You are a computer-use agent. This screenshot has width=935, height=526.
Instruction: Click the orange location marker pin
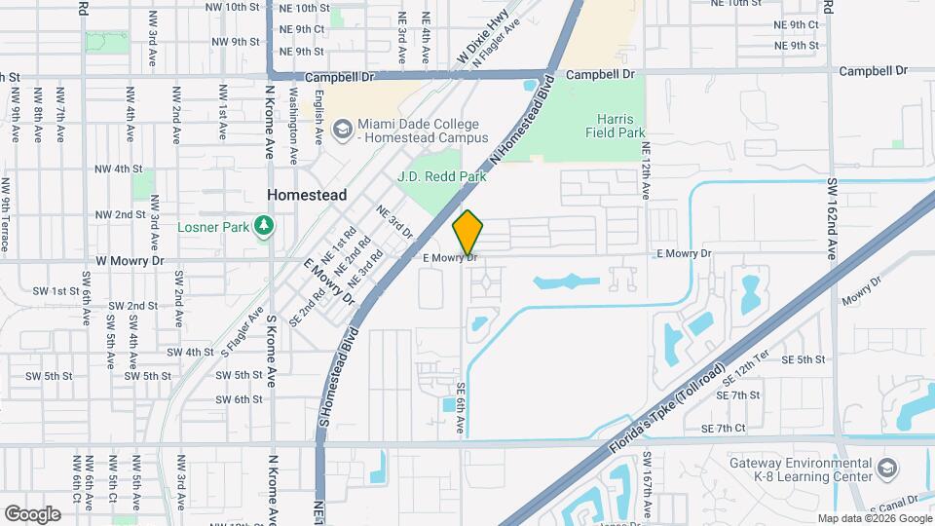[468, 234]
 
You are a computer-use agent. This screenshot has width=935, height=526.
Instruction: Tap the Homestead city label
[307, 195]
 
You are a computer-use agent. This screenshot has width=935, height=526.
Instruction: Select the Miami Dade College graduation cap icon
[341, 130]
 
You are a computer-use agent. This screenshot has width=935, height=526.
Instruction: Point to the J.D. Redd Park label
[441, 177]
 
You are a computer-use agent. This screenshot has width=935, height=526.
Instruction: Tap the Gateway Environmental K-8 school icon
[886, 470]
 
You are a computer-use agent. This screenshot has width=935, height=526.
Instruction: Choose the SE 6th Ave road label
[461, 408]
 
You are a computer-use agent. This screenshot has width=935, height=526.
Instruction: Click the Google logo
[32, 513]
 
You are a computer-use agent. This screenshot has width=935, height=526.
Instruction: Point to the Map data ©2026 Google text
[875, 518]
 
